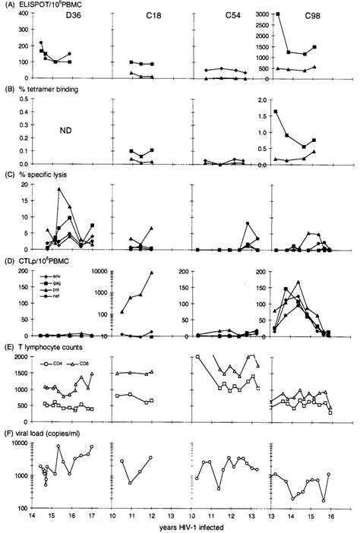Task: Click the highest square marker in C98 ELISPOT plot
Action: coord(278,14)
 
